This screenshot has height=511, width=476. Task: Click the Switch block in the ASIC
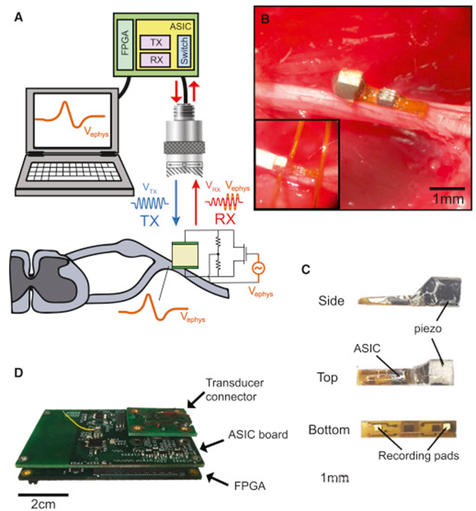(180, 51)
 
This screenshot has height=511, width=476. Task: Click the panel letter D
(20, 364)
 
